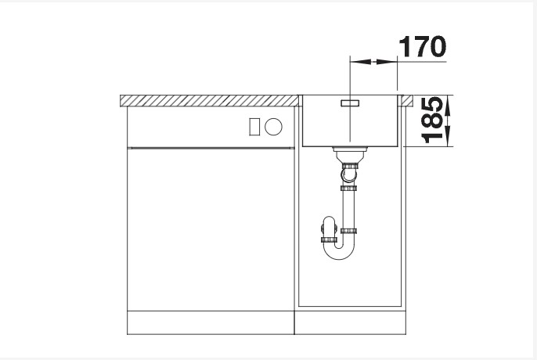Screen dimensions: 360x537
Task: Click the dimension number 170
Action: coord(422,47)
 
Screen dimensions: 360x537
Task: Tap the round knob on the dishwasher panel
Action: coord(273,126)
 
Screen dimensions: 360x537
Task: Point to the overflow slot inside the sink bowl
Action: coord(350,102)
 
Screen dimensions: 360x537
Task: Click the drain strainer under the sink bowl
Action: coord(349,149)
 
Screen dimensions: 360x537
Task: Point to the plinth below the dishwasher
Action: coord(210,324)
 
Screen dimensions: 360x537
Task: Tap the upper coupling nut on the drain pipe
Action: coord(349,167)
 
